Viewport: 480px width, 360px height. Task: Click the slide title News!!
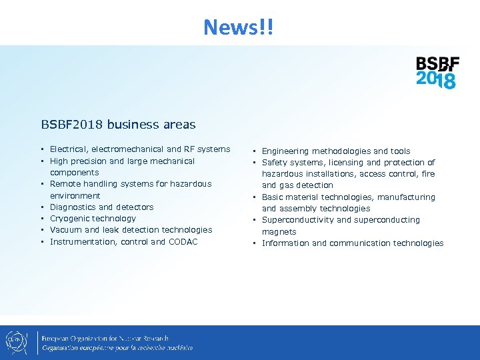(239, 27)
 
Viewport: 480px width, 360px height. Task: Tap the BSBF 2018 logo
(437, 73)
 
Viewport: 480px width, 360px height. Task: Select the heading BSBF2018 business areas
(118, 124)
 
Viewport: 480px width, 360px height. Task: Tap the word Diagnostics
(73, 207)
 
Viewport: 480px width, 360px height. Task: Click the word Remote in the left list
(65, 184)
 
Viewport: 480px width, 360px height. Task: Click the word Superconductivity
(297, 220)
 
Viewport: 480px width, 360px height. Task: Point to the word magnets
(279, 232)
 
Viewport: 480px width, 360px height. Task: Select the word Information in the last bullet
(285, 243)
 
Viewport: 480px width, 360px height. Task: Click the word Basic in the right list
(273, 197)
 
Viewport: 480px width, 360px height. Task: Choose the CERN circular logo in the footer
(17, 343)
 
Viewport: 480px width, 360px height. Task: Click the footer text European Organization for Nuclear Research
(105, 339)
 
